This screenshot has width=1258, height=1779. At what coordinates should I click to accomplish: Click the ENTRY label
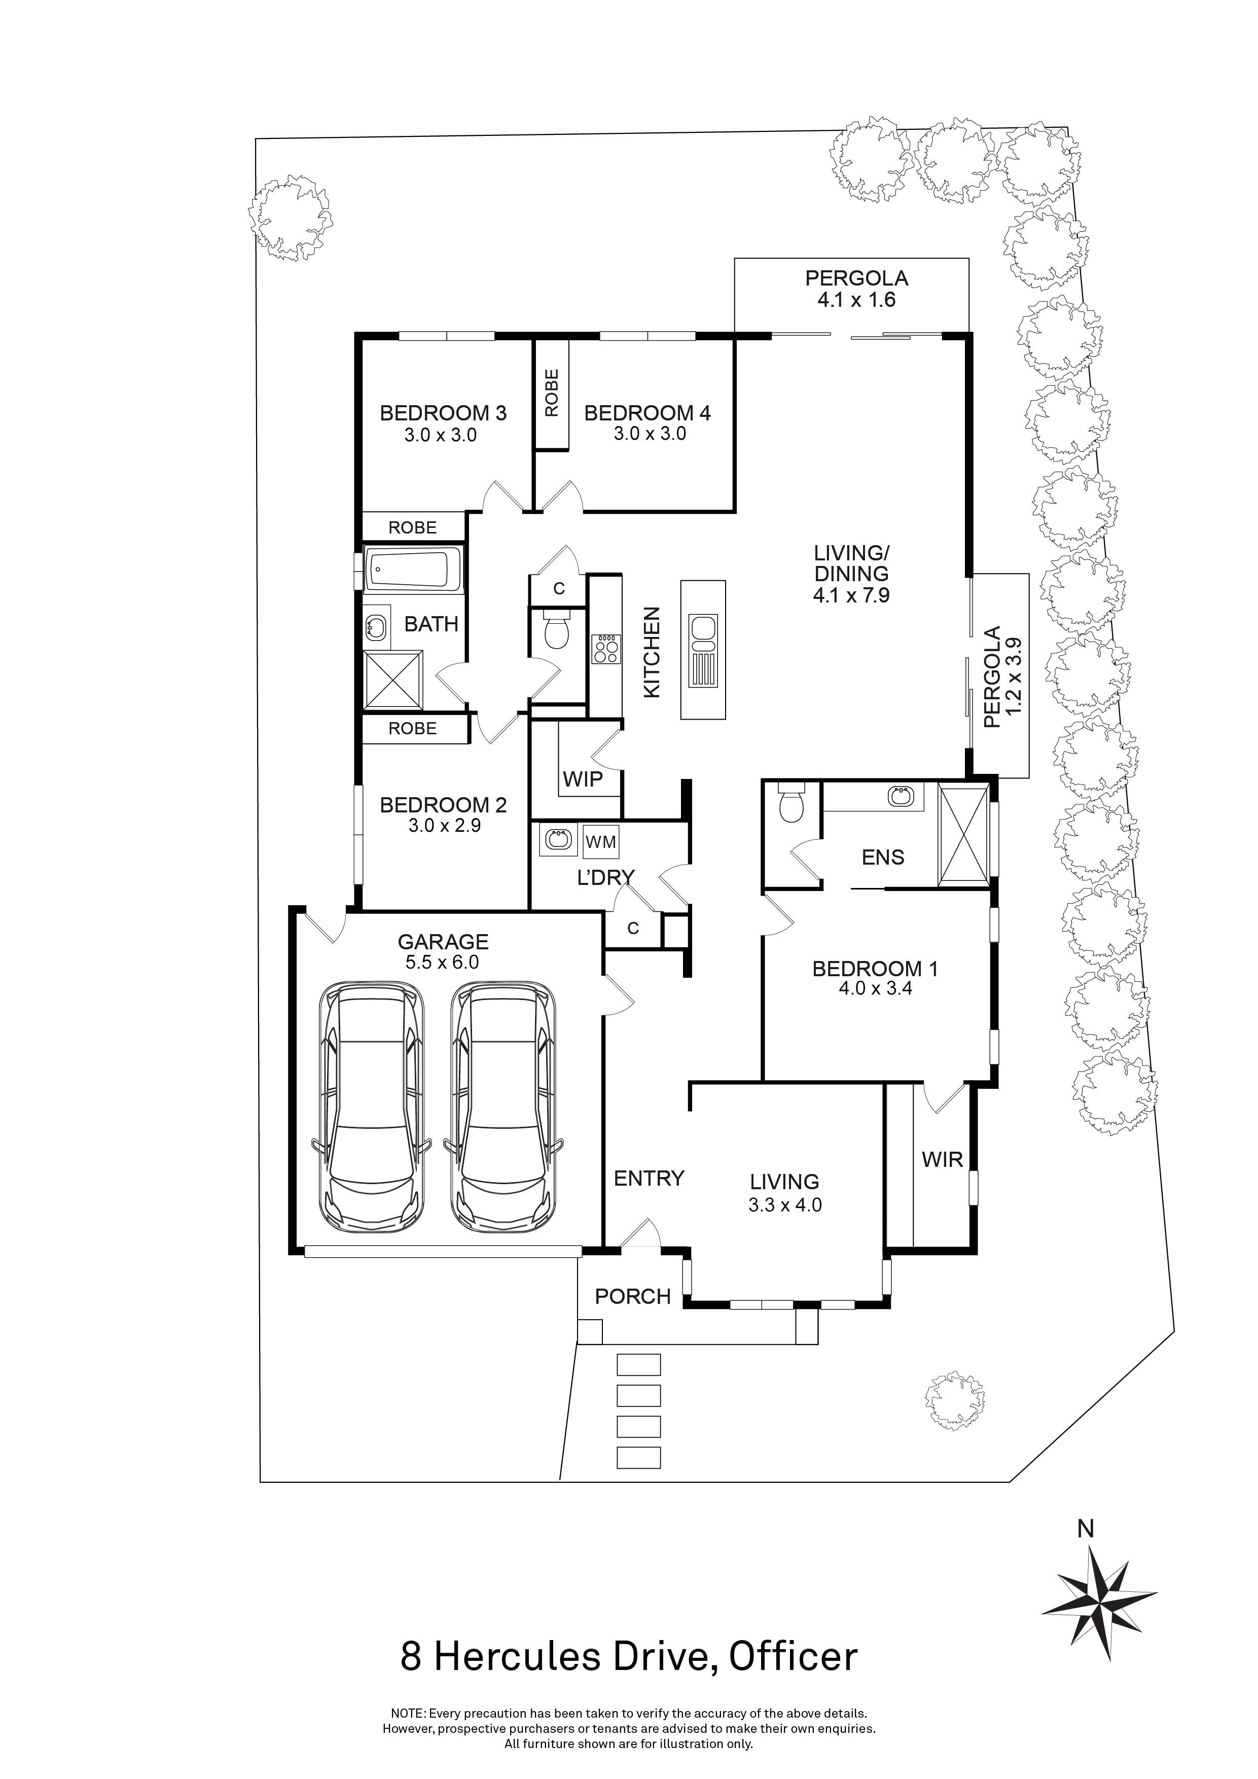[x=649, y=1179]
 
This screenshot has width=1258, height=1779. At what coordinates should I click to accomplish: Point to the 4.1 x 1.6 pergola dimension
[x=856, y=300]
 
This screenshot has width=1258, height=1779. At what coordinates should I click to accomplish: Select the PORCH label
[x=632, y=1296]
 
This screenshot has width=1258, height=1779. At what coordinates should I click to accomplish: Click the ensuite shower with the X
[x=963, y=834]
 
